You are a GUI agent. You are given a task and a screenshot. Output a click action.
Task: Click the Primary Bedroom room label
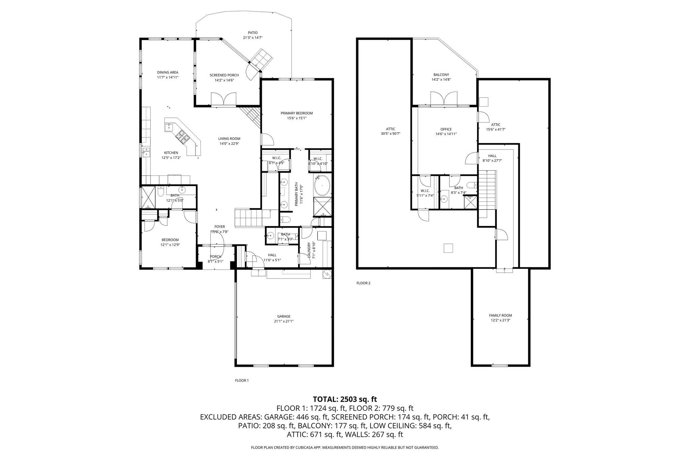click(x=296, y=113)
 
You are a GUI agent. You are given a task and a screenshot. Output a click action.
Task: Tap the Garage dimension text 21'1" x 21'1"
click(x=284, y=321)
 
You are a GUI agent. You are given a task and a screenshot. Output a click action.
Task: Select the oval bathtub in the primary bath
click(x=322, y=185)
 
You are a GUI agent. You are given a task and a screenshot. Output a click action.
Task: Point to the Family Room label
click(x=500, y=315)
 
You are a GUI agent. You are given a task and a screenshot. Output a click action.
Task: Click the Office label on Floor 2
click(x=446, y=129)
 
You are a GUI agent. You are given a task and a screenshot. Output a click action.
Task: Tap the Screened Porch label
click(x=224, y=75)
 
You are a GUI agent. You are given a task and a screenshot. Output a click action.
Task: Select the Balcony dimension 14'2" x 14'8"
click(x=441, y=80)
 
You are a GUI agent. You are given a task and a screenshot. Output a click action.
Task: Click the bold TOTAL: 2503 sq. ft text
click(x=345, y=399)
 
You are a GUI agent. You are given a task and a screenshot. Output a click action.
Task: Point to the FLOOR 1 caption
click(x=242, y=380)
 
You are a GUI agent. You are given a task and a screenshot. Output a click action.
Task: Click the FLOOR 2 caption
click(x=363, y=283)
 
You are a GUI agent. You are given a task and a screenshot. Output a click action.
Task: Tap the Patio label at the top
click(x=253, y=33)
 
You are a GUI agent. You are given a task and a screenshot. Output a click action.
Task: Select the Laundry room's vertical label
click(x=309, y=250)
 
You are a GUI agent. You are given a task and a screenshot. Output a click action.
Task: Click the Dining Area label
click(x=167, y=72)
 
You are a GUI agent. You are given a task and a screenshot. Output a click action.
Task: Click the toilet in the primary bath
click(x=285, y=220)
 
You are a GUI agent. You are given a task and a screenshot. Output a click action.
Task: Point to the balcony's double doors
click(x=444, y=99)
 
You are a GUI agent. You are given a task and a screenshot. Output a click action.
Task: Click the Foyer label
click(x=220, y=227)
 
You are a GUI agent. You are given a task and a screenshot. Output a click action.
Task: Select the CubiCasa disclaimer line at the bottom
click(x=345, y=448)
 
